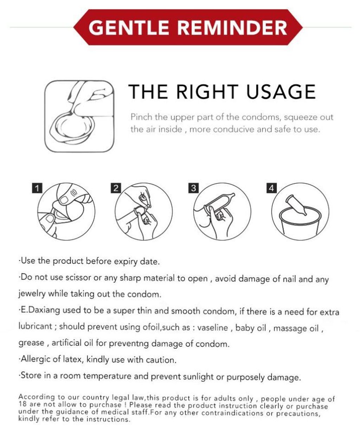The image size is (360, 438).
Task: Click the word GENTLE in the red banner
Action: point(128,28)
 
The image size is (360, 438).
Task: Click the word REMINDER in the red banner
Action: point(232,28)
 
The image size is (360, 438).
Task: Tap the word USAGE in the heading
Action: point(281,92)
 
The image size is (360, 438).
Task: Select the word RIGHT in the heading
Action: point(207,92)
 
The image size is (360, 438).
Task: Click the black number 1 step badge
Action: point(37,188)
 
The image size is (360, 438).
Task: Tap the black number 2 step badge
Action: point(116,188)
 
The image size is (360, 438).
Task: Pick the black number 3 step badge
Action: point(193,188)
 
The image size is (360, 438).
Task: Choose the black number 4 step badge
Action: point(272,188)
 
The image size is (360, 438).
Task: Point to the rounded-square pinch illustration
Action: point(79,116)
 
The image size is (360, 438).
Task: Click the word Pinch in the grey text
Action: point(142,117)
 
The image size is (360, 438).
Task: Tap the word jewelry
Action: point(32,294)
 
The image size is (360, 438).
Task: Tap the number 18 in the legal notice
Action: point(22,404)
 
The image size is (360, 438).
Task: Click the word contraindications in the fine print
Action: point(232,413)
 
